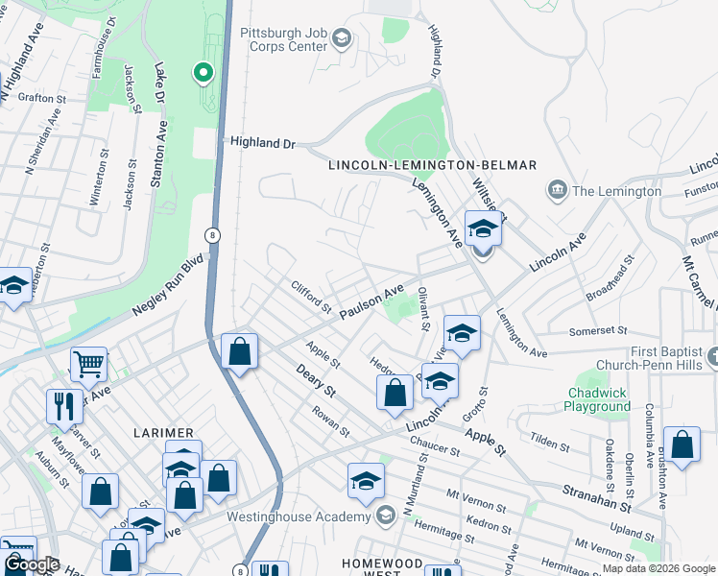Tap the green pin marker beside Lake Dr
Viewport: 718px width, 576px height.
203,72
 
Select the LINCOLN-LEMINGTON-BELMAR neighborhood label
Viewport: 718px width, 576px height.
432,165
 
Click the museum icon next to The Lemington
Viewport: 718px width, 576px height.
555,190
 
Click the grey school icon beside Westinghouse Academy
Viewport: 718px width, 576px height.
385,516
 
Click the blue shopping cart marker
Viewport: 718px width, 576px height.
88,364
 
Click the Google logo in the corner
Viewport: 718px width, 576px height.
32,564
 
